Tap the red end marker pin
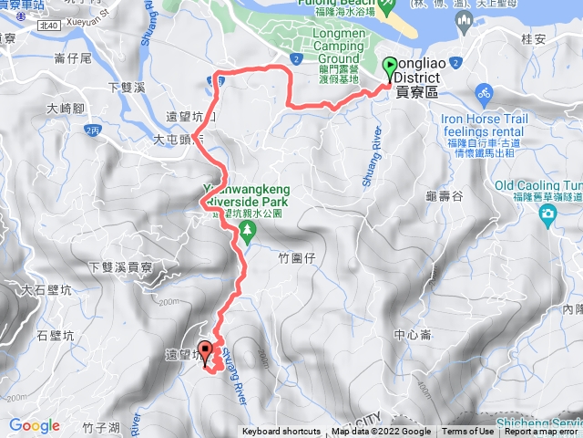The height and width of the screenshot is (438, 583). (205, 350)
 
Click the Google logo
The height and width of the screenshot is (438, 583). (35, 425)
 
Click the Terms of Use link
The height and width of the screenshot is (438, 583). (468, 432)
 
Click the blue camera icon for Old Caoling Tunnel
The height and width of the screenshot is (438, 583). (547, 214)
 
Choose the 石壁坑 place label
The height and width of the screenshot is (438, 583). (55, 336)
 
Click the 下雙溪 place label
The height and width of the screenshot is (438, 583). (127, 88)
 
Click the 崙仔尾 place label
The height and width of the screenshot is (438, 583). (72, 58)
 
